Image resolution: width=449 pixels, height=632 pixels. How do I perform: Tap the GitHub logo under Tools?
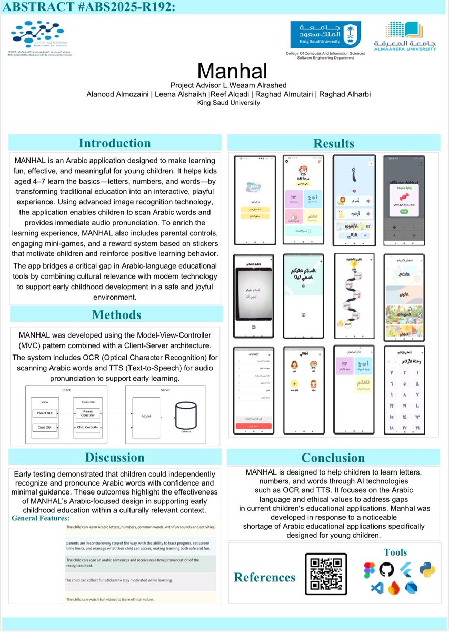tap(386, 569)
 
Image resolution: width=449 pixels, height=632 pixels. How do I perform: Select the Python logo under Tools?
tap(427, 569)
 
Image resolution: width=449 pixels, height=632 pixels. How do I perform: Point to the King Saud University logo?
tap(325, 35)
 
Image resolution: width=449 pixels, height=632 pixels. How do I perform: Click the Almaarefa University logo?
tap(405, 36)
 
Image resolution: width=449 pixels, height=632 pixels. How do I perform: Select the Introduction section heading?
tap(114, 143)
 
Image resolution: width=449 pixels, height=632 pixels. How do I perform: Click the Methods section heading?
tap(116, 314)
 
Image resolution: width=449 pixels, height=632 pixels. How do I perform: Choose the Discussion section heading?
tap(114, 457)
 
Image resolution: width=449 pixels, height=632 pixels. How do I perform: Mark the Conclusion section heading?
tap(333, 457)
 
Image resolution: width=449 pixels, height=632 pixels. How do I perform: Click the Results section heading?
tap(333, 143)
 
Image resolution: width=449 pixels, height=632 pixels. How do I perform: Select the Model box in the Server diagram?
tap(146, 416)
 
